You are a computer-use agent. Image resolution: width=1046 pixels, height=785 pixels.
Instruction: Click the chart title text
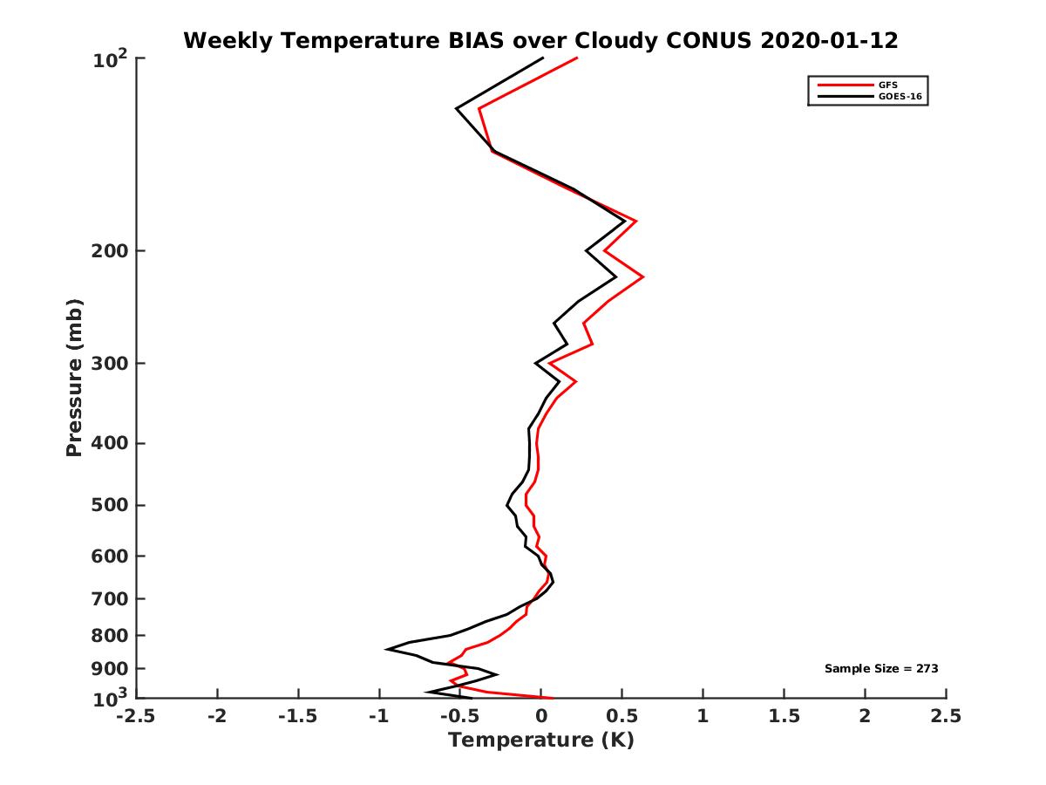coord(540,40)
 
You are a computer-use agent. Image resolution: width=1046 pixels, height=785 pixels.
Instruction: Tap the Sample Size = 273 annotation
coord(881,668)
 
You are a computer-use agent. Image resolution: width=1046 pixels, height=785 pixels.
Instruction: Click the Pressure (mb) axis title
coord(74,378)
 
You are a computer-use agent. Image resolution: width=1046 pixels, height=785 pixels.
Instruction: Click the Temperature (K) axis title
coord(540,741)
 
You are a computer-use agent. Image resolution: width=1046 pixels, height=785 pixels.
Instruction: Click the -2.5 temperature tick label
coord(136,716)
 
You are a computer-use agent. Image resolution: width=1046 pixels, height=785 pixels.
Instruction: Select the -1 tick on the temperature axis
coord(378,716)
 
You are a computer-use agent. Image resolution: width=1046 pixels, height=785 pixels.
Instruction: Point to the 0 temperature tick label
coord(541,716)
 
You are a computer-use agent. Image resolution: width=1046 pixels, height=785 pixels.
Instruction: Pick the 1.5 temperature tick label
coord(784,716)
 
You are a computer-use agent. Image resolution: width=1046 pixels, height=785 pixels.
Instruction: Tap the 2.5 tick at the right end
coord(946,716)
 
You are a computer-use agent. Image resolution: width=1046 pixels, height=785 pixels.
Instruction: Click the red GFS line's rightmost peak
coord(643,276)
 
